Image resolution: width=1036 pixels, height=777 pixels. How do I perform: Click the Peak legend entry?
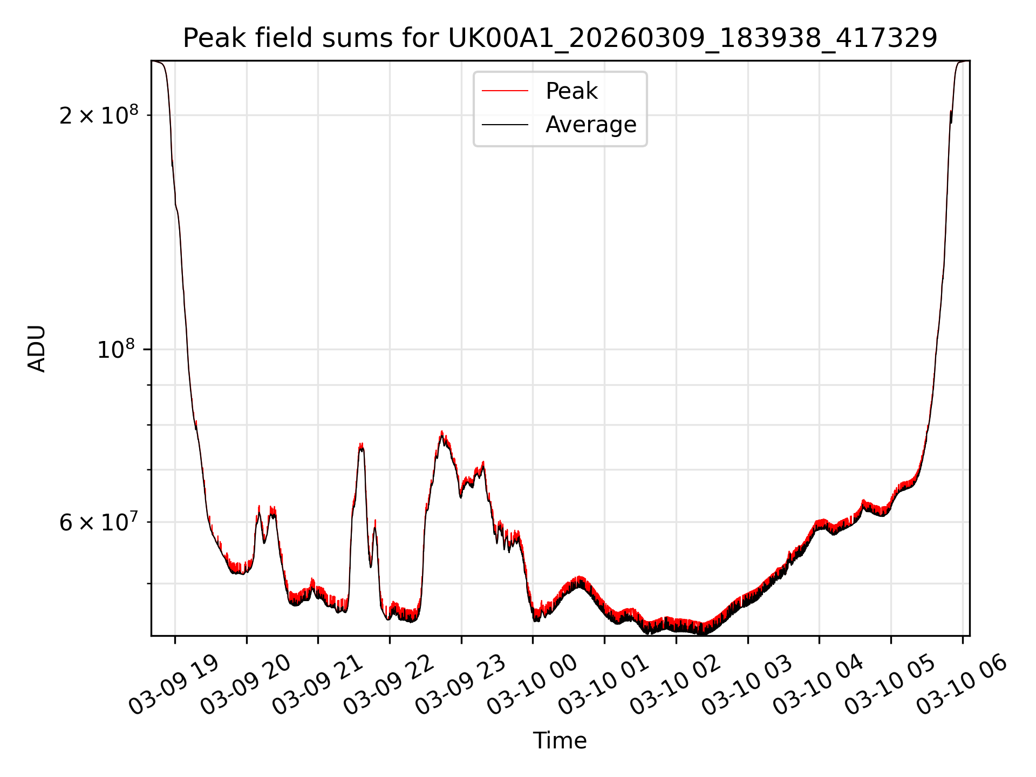[x=571, y=91]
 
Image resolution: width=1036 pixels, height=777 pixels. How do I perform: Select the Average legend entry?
[x=590, y=125]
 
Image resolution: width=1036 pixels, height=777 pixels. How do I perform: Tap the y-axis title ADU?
[x=37, y=349]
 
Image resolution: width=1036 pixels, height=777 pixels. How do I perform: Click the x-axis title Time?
[x=560, y=741]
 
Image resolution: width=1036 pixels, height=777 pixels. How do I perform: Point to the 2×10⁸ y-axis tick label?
[x=99, y=115]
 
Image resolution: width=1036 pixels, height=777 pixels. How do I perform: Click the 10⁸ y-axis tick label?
[x=118, y=350]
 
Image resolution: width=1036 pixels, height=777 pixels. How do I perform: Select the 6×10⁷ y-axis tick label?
[x=99, y=522]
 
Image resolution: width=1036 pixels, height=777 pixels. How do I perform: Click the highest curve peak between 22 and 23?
[x=442, y=432]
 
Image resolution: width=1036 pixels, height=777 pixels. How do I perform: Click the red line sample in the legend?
[x=505, y=91]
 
